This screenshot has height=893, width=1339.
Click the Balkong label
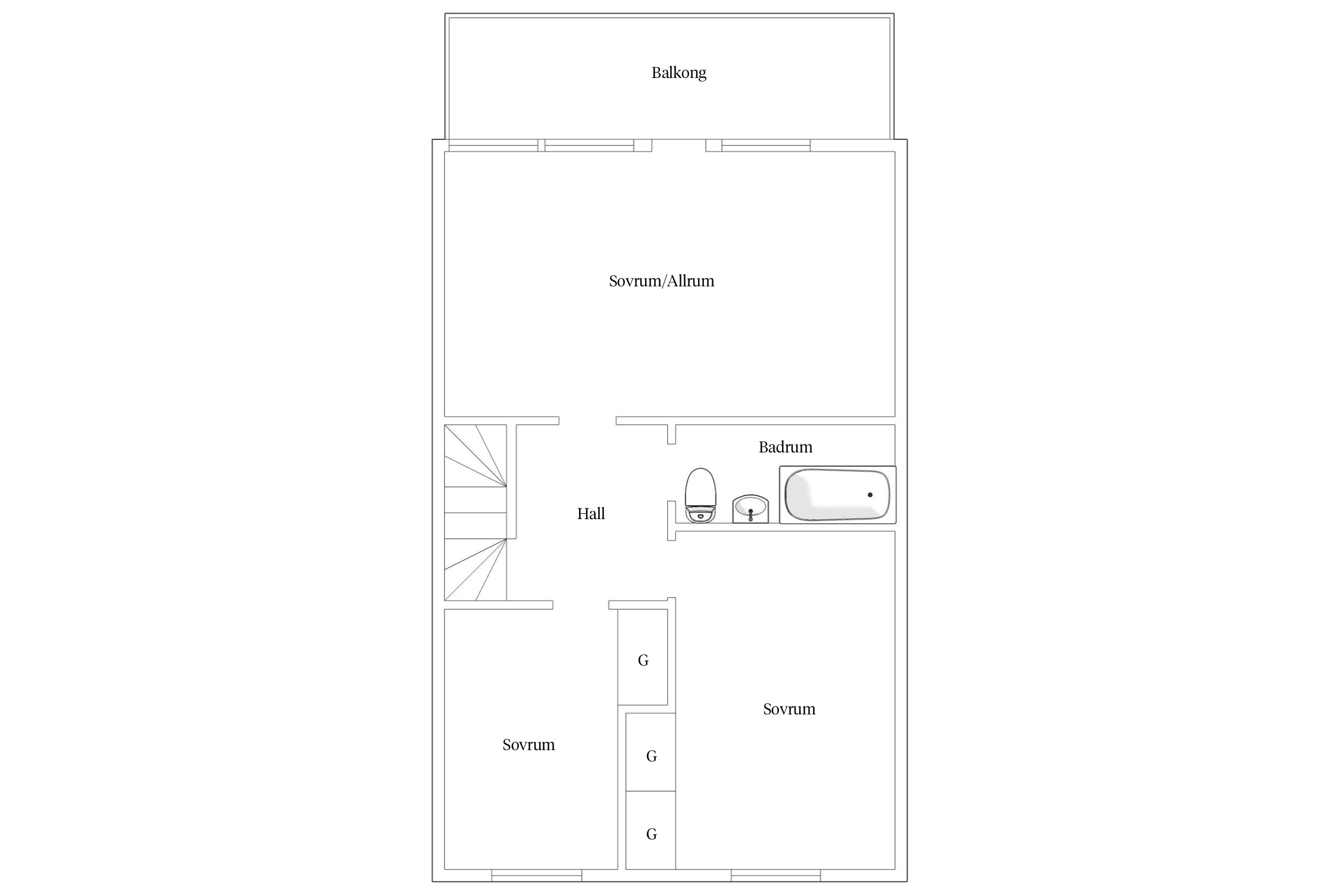pyautogui.click(x=678, y=73)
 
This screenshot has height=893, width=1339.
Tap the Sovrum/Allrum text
pyautogui.click(x=661, y=281)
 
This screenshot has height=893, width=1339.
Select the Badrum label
pyautogui.click(x=785, y=447)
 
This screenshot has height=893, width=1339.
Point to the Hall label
pyautogui.click(x=591, y=514)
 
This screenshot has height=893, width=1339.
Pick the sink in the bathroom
pyautogui.click(x=750, y=509)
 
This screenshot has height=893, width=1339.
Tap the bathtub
pyautogui.click(x=837, y=495)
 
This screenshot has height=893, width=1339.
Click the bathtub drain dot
pyautogui.click(x=870, y=495)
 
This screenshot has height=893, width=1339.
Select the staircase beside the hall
pyautogui.click(x=475, y=513)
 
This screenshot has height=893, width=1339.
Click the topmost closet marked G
pyautogui.click(x=643, y=657)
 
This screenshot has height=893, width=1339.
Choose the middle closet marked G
pyautogui.click(x=650, y=753)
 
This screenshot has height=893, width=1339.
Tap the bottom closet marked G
pyautogui.click(x=650, y=830)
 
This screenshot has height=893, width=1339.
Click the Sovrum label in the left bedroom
pyautogui.click(x=528, y=745)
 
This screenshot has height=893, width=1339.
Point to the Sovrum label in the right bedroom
pyautogui.click(x=789, y=709)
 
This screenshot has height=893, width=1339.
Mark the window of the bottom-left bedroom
pyautogui.click(x=537, y=875)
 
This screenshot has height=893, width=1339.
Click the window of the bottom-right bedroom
pyautogui.click(x=776, y=875)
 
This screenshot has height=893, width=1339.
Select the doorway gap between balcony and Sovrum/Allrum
pyautogui.click(x=679, y=145)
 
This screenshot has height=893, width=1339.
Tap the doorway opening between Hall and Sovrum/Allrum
pyautogui.click(x=587, y=421)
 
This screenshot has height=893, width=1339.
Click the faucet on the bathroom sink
pyautogui.click(x=750, y=514)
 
